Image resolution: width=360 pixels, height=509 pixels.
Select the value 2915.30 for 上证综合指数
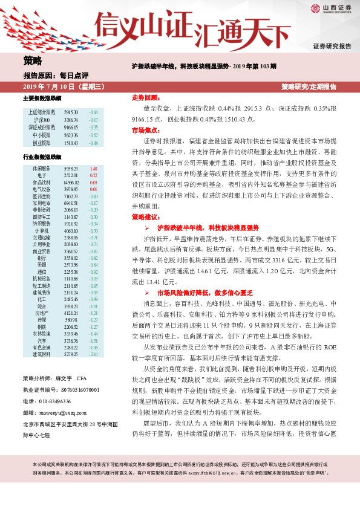point(71,112)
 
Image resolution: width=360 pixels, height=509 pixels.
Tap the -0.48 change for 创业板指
point(93,144)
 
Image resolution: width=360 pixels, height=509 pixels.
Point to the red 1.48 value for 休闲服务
point(93,169)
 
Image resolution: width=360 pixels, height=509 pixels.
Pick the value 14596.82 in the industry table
point(71,182)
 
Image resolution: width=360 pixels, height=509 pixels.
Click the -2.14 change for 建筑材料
point(93,354)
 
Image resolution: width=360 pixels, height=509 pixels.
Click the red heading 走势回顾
point(145,97)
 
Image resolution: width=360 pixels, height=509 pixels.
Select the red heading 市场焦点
point(145,130)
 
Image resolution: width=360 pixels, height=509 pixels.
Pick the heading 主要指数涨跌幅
point(42,98)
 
